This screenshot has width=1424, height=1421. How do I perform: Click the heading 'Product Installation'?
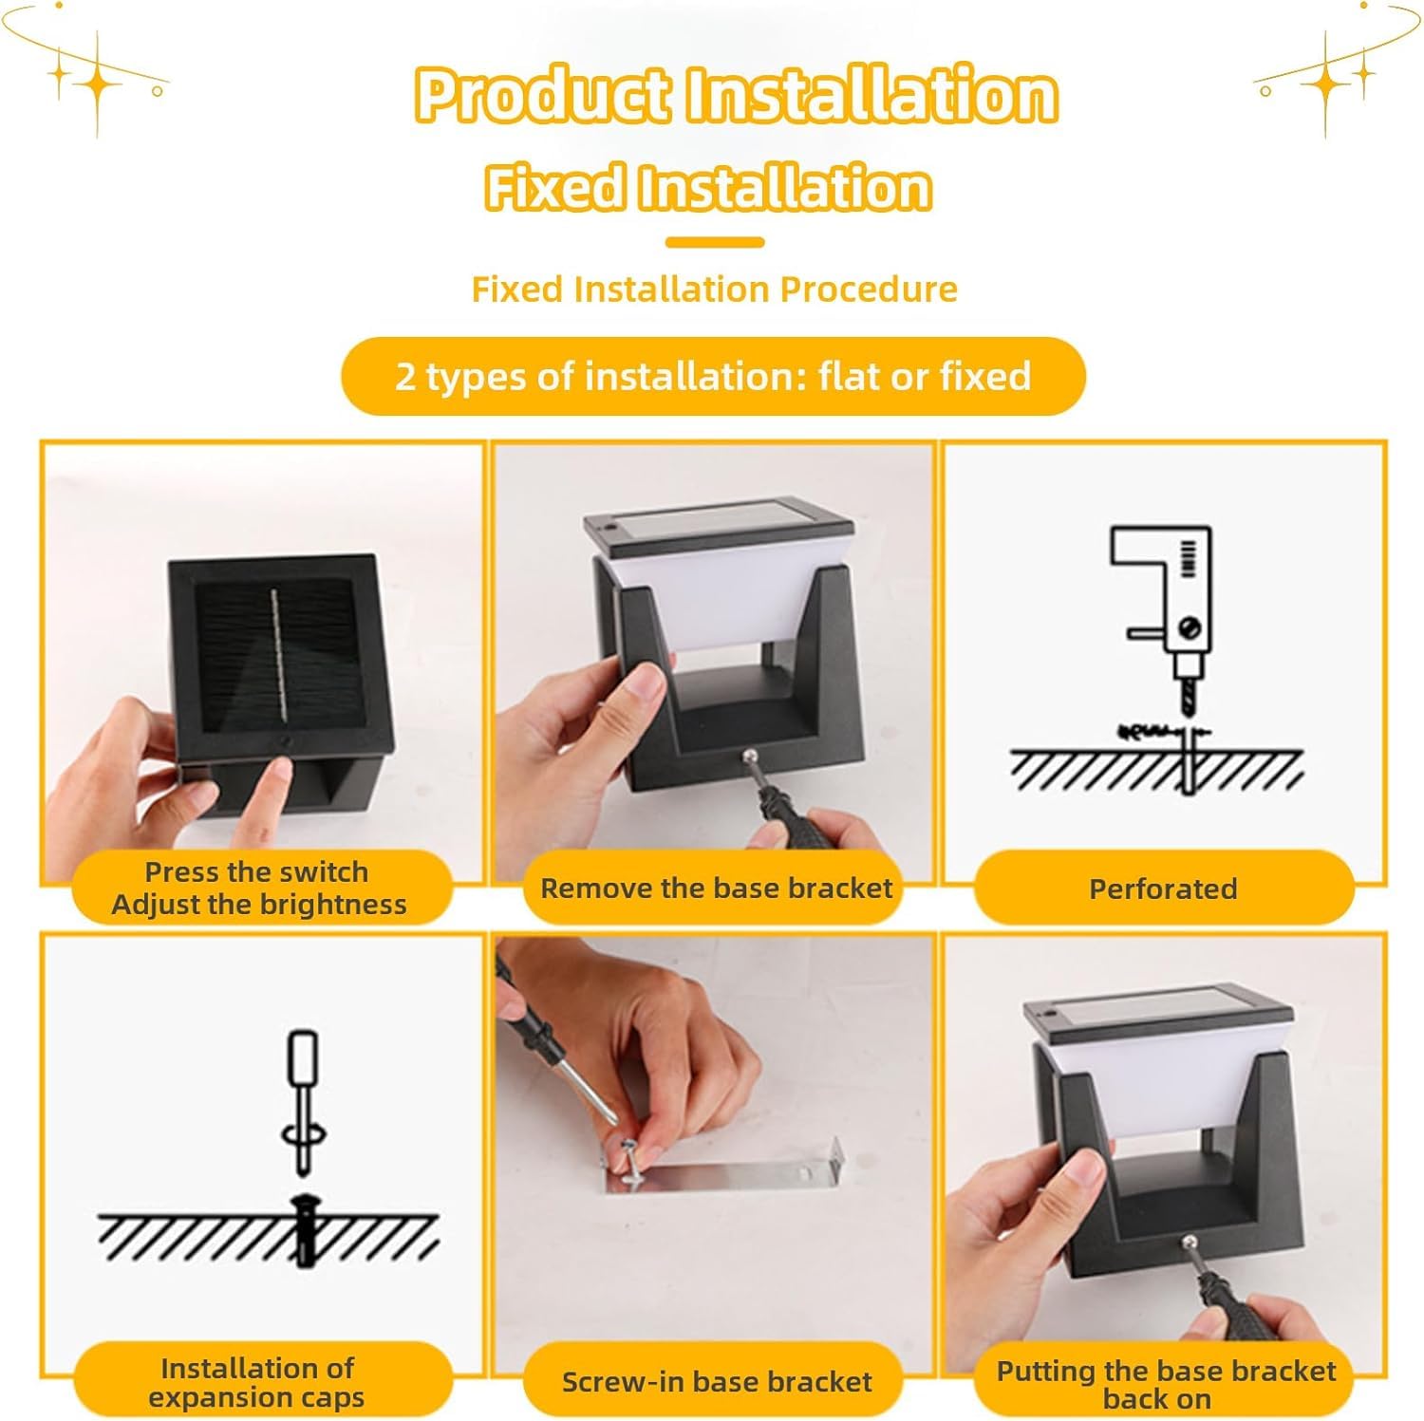tap(736, 95)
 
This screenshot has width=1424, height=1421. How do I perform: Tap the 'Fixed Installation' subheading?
tap(707, 186)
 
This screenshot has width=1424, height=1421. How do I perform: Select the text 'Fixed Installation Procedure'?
tap(714, 289)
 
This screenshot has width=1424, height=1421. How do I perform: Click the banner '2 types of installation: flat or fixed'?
tap(713, 376)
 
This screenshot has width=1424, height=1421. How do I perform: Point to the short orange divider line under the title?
tap(714, 243)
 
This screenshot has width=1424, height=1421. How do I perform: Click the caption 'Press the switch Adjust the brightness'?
tap(258, 888)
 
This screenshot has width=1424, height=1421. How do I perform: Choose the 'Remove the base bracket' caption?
tap(716, 888)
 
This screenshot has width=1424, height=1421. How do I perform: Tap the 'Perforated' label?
tap(1163, 889)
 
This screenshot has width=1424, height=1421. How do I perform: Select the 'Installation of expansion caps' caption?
tap(256, 1382)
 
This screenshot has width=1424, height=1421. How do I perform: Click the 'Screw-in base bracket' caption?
tap(716, 1382)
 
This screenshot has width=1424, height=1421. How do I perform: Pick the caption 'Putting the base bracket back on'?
tap(1164, 1384)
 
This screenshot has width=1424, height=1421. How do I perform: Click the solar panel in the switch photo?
tap(275, 655)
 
